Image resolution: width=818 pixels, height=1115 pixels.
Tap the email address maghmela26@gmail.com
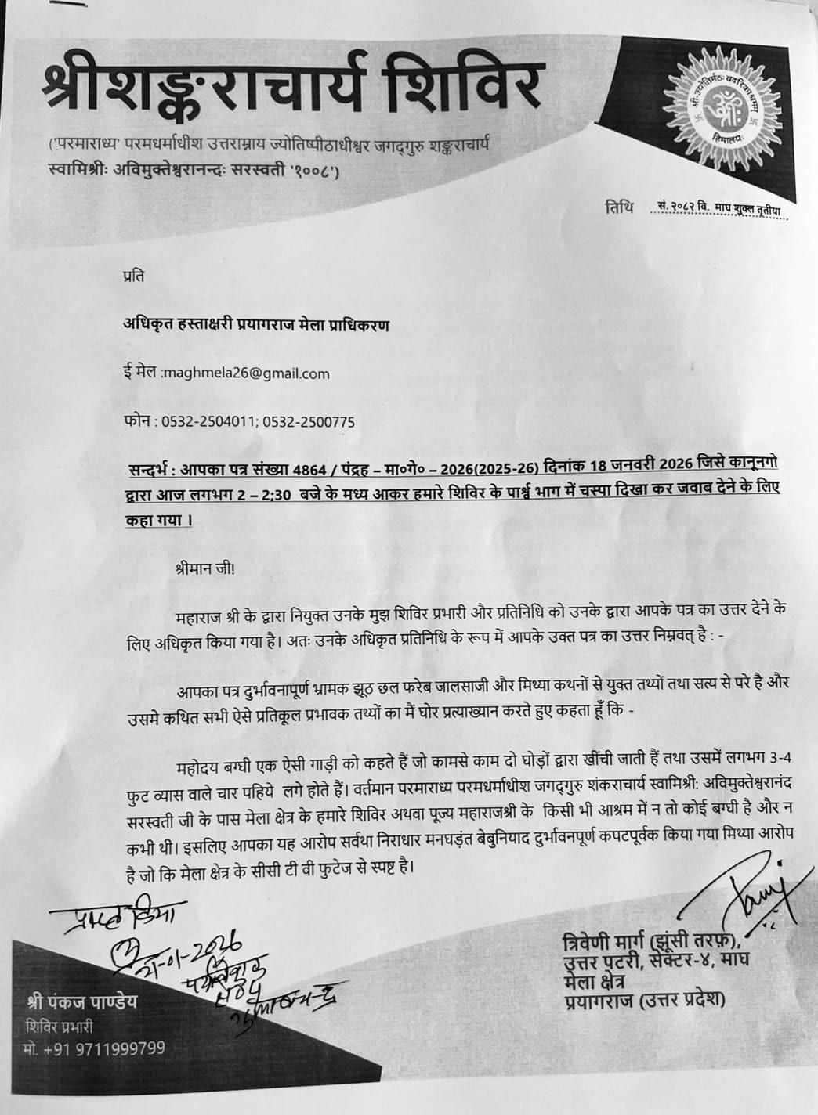(246, 373)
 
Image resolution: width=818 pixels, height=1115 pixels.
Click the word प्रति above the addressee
(133, 276)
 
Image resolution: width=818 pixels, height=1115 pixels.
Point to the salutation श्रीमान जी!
(205, 569)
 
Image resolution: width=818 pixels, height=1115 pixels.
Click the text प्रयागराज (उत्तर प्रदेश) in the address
(644, 1000)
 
